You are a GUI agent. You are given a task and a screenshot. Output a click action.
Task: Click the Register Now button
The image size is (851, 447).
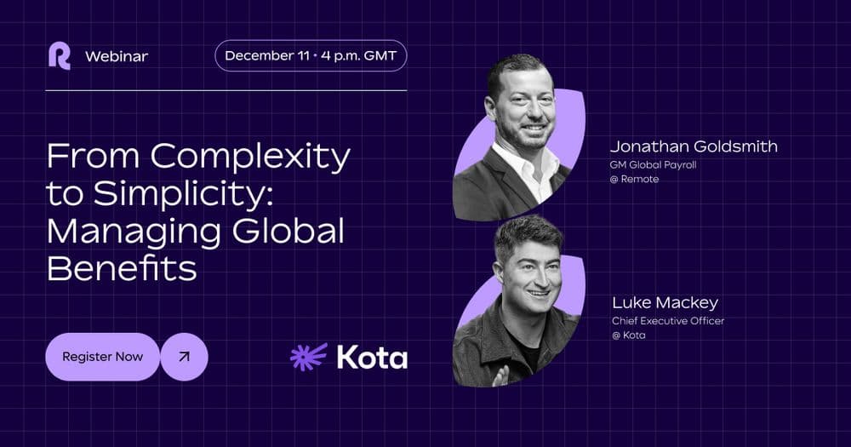[x=103, y=357]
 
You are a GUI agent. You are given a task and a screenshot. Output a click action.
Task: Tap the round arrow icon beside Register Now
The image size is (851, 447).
[x=184, y=357]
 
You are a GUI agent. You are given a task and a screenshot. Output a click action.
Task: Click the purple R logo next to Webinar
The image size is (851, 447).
[x=60, y=56]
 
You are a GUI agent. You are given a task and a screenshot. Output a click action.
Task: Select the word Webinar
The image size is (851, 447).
[x=117, y=56]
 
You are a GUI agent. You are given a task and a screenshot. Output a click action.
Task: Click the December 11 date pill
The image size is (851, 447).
[x=311, y=55]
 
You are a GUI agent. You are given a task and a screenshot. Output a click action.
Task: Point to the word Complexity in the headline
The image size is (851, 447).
[x=250, y=158]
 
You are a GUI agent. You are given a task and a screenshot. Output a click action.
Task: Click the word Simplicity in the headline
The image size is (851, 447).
[x=182, y=194]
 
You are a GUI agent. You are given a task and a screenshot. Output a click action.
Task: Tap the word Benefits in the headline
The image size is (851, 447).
[x=122, y=267]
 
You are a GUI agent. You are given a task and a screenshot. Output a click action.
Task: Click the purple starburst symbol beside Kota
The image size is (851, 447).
[x=309, y=357]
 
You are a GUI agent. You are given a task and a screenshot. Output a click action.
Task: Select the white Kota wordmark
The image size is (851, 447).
[x=372, y=358]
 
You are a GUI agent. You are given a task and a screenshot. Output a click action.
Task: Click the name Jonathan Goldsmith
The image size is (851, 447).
[x=694, y=146]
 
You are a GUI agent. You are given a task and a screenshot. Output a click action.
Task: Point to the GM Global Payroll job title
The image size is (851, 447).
[x=653, y=164]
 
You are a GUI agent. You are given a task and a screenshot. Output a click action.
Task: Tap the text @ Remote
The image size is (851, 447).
[x=635, y=180]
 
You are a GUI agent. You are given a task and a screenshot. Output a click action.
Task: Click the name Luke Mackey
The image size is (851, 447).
[x=665, y=302]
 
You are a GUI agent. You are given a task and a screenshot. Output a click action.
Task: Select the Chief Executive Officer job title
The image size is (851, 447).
[x=668, y=321]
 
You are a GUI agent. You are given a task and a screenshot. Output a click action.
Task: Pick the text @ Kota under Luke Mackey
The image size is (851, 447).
[x=629, y=335]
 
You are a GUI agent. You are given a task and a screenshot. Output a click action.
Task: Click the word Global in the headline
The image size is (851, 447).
[x=288, y=231]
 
